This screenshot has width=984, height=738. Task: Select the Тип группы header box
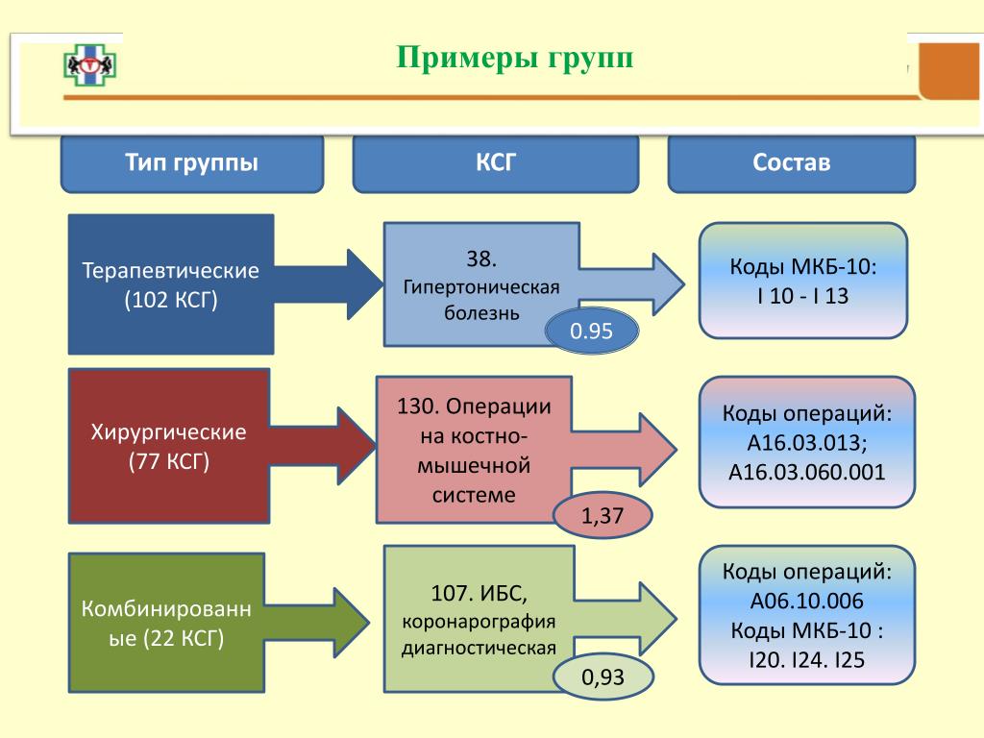pos(191,163)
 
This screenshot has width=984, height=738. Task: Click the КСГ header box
pos(496,163)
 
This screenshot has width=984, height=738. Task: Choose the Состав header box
pos(791,163)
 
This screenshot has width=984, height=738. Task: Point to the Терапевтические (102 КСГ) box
pos(171,284)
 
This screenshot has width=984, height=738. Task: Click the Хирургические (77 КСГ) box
pos(168,446)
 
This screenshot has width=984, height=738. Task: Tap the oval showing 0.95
pos(591,332)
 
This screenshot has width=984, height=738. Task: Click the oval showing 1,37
pos(603,516)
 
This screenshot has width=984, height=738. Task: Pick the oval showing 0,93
pos(603,677)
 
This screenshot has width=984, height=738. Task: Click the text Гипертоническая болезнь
pos(481,300)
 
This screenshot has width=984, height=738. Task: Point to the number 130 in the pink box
pos(412,406)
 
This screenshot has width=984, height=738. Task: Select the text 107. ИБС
pos(480,588)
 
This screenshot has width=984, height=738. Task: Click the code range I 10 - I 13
pos(802,296)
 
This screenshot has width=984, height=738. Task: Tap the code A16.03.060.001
pos(807,472)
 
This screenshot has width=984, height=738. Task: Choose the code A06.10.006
pos(807,602)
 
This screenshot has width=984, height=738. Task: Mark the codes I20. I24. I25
pos(807,661)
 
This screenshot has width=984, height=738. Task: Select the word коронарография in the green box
pos(480,620)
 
